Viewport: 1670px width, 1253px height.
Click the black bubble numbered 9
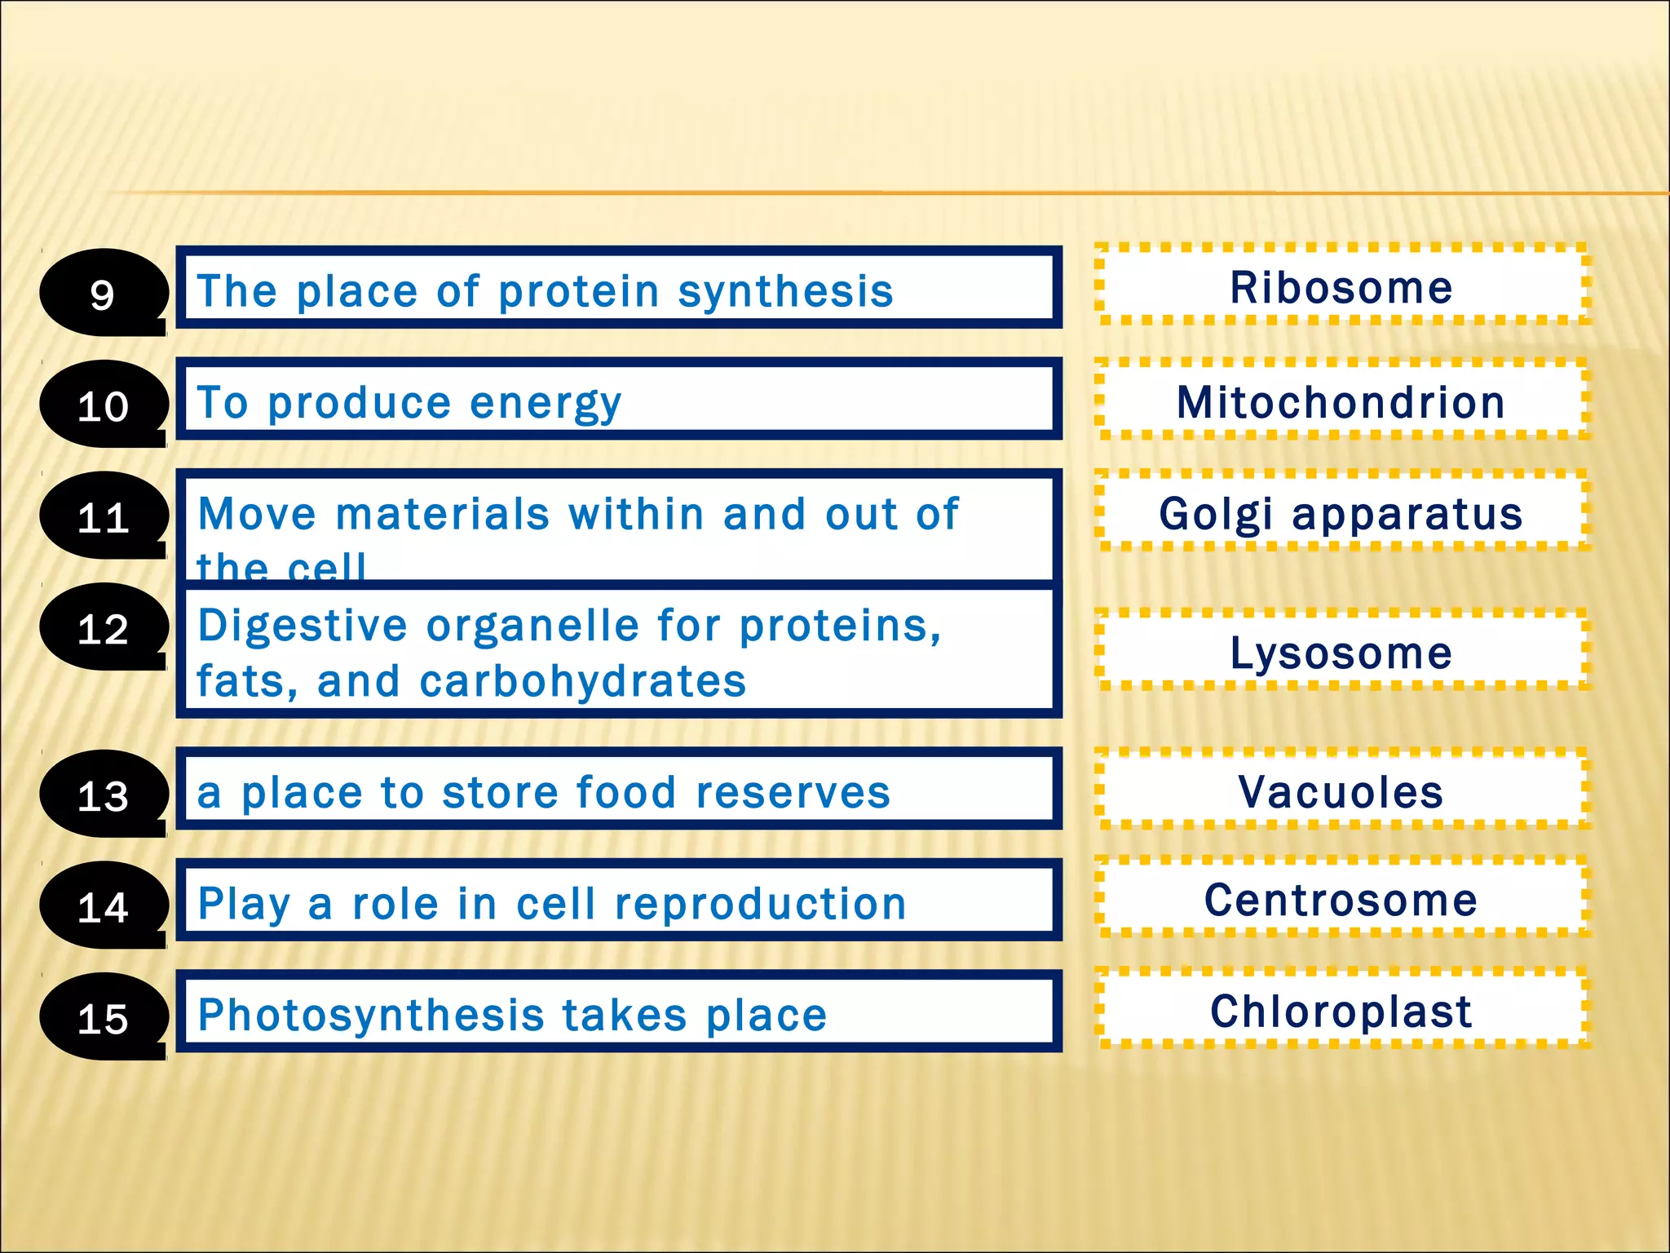[x=103, y=293]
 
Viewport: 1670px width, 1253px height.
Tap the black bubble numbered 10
[x=103, y=405]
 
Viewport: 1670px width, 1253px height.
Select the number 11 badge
[x=103, y=516]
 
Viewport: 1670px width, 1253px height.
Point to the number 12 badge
[x=103, y=628]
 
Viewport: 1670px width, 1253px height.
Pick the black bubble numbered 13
[x=103, y=795]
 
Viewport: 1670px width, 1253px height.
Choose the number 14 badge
[x=103, y=906]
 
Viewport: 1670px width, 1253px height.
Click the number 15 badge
[x=103, y=1018]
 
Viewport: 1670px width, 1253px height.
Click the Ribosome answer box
[x=1341, y=286]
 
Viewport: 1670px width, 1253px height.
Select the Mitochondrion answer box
[x=1341, y=401]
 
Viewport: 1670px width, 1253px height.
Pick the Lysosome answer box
[x=1341, y=652]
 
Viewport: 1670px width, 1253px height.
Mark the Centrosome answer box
[x=1341, y=899]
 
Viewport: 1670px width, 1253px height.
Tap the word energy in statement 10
[x=546, y=403]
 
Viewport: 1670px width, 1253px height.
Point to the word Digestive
[x=303, y=626]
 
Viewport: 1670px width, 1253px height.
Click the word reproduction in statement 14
[x=760, y=904]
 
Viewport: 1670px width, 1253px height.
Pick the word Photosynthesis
[x=371, y=1016]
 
